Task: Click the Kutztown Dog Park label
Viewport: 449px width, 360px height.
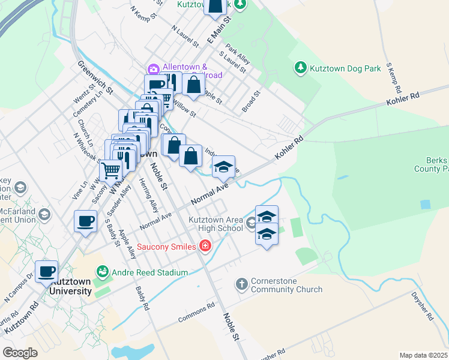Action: (x=345, y=68)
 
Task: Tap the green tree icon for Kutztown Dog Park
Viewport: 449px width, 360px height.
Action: (x=301, y=68)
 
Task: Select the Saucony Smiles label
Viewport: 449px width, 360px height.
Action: (x=167, y=247)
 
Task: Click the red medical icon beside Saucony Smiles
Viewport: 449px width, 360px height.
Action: (x=205, y=246)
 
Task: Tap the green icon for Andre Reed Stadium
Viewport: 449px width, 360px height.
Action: (x=102, y=272)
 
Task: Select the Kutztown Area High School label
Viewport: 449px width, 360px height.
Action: (x=215, y=224)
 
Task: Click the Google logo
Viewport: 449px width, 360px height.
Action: (x=20, y=352)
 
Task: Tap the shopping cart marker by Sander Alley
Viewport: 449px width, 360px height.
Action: (x=110, y=172)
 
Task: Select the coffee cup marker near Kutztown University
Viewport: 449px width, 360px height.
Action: (x=46, y=271)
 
